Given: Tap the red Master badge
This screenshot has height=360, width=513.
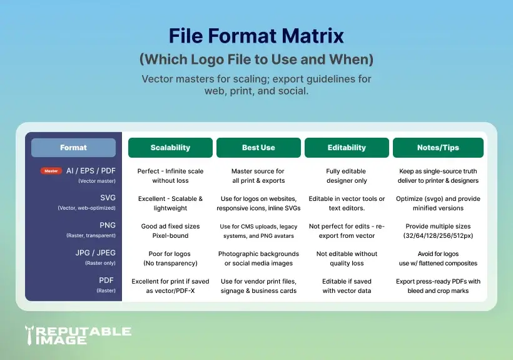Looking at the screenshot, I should point(51,171).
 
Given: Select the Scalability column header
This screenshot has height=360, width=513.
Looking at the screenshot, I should point(171,148).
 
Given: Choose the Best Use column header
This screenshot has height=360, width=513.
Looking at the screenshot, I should point(258,148).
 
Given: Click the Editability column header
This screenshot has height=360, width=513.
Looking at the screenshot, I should point(347,148).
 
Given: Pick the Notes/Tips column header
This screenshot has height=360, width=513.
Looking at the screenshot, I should point(438,148).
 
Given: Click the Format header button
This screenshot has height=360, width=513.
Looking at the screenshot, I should point(73,148).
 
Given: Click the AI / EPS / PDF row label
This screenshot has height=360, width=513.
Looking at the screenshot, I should point(90,171).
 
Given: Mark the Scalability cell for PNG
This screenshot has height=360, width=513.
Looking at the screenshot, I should point(171,230).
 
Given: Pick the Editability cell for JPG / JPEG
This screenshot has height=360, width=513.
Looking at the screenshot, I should point(347,258).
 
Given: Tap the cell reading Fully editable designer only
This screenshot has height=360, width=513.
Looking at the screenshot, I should point(347,175).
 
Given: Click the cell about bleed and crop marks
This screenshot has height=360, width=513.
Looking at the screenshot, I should point(438,285).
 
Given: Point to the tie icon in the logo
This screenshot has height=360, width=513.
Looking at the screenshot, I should point(30,336).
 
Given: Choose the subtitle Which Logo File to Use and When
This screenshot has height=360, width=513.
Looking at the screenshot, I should point(256,59).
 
